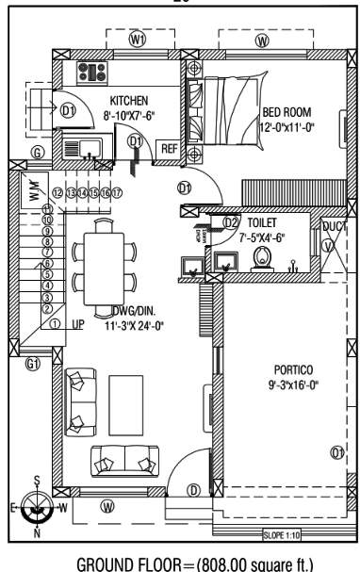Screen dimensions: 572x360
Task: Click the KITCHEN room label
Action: pos(129,101)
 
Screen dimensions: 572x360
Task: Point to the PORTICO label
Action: pos(286,369)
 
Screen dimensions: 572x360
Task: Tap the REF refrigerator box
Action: pos(169,148)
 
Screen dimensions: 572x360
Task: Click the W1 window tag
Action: pos(139,41)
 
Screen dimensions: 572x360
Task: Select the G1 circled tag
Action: pos(35,363)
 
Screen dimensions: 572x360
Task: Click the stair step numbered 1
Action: pos(56,324)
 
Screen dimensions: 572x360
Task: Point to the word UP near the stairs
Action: pos(78,324)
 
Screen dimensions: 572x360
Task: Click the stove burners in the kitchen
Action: pos(95,72)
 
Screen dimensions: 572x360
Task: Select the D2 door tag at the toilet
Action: pos(230,221)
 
